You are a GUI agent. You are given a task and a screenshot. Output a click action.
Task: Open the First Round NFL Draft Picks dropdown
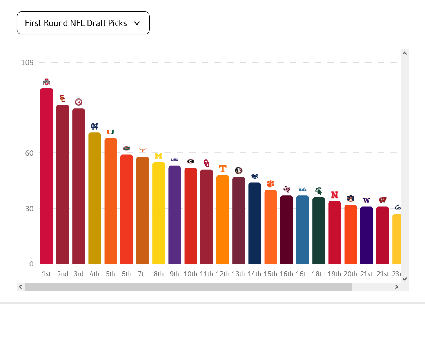click(83, 23)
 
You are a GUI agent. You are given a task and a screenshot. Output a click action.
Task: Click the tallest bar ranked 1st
click(47, 176)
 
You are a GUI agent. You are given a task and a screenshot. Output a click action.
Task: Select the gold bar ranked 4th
click(94, 198)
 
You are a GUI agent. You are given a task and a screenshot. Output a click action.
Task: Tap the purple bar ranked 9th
click(175, 215)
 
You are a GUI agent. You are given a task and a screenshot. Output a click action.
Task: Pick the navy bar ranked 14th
click(254, 223)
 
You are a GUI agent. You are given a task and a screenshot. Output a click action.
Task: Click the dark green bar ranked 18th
click(318, 230)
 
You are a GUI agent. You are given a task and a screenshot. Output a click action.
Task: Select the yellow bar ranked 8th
click(158, 213)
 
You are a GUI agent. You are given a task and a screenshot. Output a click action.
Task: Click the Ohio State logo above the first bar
click(47, 82)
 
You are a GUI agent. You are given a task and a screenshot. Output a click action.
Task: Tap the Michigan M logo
click(158, 156)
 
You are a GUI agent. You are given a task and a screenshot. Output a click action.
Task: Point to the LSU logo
click(175, 159)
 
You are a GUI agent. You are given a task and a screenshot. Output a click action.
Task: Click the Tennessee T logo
click(223, 169)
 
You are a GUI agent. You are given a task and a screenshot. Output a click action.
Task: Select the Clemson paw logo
click(271, 184)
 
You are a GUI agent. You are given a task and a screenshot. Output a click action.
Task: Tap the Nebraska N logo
click(334, 195)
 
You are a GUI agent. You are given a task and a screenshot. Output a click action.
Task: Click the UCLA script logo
click(303, 190)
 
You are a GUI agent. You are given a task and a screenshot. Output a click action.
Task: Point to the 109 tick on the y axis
click(27, 63)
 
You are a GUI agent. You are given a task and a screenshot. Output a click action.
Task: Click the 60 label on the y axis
click(29, 153)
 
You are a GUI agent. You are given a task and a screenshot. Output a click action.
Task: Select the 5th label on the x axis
click(111, 274)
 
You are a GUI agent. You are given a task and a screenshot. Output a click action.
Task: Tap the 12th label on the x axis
click(223, 274)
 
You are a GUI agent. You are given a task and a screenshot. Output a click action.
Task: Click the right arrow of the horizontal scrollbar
click(396, 287)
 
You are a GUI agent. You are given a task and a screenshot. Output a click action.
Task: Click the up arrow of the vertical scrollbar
click(405, 53)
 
